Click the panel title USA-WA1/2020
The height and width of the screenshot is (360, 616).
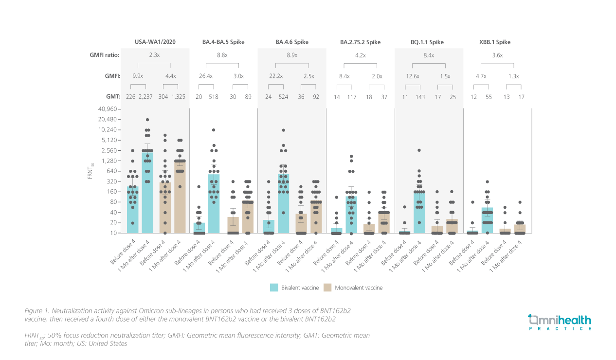155,42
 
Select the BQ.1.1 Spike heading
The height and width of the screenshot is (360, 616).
427,42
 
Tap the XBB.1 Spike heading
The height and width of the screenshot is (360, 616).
494,42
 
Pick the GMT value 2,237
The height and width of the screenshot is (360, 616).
147,97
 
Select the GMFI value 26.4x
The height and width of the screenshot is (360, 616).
206,76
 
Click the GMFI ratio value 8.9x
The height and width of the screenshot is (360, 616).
292,55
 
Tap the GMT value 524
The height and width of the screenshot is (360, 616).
283,97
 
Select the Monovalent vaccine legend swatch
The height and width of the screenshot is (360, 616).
327,288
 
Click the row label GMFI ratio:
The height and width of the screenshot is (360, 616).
104,55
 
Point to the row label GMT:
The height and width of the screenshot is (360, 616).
112,97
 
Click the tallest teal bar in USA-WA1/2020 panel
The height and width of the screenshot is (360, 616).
147,193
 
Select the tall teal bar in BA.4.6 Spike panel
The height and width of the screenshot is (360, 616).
283,203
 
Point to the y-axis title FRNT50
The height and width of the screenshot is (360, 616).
90,171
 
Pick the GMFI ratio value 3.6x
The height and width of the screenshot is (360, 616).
497,55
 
